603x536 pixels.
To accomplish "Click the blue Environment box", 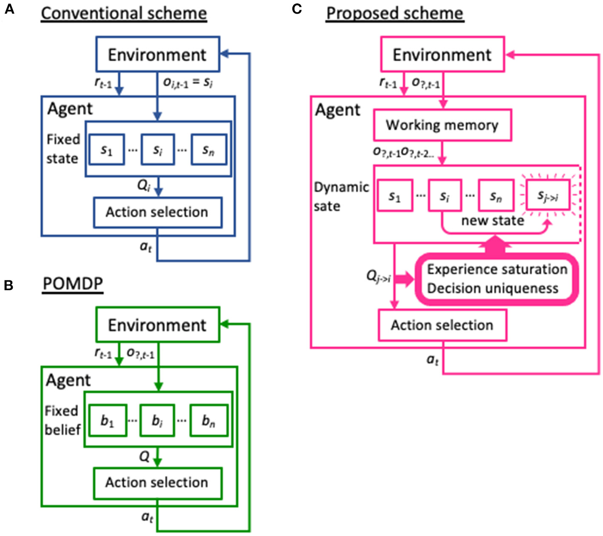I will pos(157,54).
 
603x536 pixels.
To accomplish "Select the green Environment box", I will pos(157,325).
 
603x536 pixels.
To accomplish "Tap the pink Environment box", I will pos(442,54).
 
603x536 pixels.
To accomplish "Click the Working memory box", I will pos(442,125).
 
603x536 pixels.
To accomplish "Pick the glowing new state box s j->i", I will pos(548,196).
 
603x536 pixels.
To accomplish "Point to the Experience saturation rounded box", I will pos(497,279).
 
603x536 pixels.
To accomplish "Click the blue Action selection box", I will pos(157,212).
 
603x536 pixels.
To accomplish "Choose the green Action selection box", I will pos(157,483).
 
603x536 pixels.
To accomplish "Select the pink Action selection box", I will pos(442,325).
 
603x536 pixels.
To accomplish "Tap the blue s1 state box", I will pos(106,150).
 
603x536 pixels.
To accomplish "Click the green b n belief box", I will pos(209,421).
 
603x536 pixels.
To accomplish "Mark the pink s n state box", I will pos(496,196).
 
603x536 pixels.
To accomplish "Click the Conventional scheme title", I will pos(124,13).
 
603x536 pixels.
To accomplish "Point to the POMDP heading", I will pos(73,284).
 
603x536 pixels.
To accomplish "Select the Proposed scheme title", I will pos(394,13).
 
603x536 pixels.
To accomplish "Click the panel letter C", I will pos(297,9).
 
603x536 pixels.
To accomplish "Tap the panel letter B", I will pos(9,285).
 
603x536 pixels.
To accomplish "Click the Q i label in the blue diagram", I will pos(143,185).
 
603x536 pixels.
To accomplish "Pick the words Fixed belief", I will pos(63,420).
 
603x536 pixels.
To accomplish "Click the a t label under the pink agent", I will pos(432,360).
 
